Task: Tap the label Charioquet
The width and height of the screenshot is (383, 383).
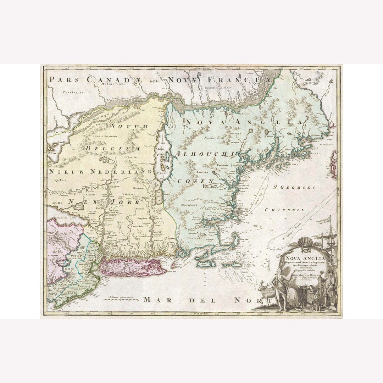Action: coord(72,92)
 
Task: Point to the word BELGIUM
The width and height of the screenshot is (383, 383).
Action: coord(112,149)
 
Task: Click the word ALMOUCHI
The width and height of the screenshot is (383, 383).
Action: coord(204,154)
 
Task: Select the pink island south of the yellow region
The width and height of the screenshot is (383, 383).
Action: coord(133,268)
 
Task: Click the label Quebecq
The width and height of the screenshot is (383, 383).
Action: coord(59,179)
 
